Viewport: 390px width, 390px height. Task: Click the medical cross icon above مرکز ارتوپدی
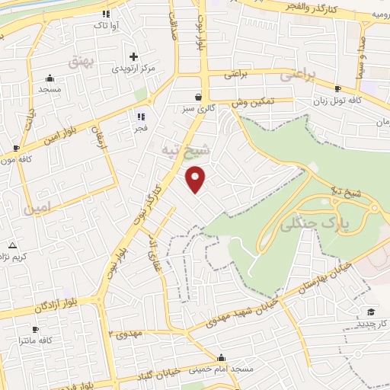coord(133,56)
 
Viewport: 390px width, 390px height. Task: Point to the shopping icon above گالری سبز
coord(198,97)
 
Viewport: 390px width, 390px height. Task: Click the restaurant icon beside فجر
coord(139,116)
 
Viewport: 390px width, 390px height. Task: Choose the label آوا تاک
coord(105,26)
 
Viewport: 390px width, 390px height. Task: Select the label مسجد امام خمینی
coord(221,370)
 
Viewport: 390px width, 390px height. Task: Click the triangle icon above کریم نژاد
coord(11,245)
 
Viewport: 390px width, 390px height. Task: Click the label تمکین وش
coord(254,101)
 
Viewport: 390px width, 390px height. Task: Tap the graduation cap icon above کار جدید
coord(371,312)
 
